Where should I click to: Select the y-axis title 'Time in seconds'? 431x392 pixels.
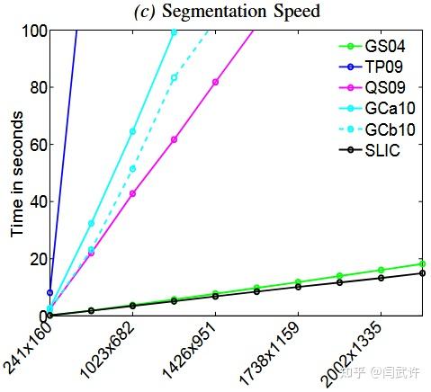[17, 174]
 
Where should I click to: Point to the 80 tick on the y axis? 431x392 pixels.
[36, 88]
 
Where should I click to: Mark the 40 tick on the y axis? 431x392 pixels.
[36, 202]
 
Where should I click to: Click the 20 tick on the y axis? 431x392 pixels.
[36, 259]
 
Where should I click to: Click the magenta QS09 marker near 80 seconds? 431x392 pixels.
[215, 82]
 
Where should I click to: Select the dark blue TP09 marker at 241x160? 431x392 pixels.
[49, 292]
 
